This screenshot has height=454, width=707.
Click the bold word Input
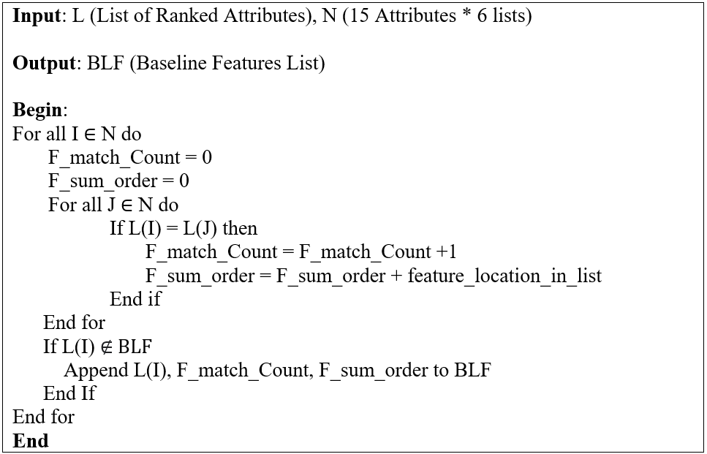[x=38, y=15]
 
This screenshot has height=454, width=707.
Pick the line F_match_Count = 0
[x=130, y=157]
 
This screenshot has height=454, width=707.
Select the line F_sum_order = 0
[x=118, y=181]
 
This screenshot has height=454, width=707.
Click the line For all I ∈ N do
[x=77, y=134]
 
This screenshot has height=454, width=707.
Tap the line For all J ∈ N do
[x=113, y=205]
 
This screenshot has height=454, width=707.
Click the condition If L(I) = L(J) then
[x=184, y=228]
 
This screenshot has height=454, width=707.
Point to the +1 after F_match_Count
[x=446, y=252]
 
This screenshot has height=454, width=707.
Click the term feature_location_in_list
[x=504, y=276]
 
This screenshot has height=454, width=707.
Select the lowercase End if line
[x=135, y=299]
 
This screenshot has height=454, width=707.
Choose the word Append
[x=96, y=370]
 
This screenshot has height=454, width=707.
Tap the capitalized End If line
[x=69, y=393]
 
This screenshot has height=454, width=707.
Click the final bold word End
[x=31, y=441]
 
